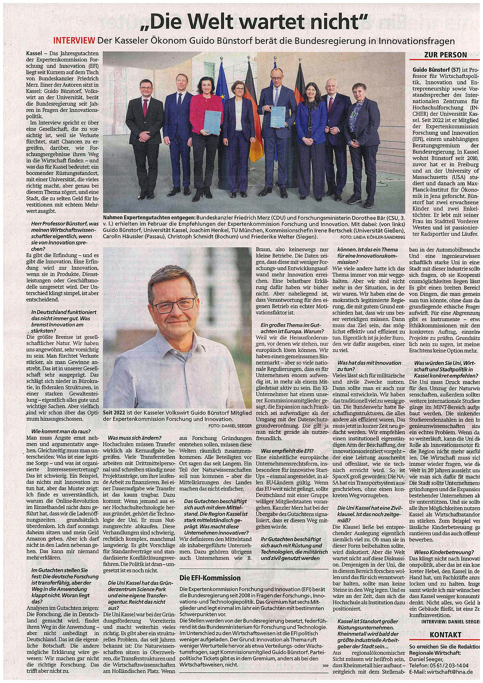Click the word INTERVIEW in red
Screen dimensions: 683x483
74,41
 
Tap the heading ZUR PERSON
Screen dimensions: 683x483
445,55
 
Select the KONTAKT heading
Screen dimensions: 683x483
445,635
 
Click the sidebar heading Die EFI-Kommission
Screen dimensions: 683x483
210,578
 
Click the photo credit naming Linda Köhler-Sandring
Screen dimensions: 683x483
373,237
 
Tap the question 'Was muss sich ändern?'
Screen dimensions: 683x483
134,438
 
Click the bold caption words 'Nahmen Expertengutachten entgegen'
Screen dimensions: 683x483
149,216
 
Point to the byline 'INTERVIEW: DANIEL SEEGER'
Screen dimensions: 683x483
450,622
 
